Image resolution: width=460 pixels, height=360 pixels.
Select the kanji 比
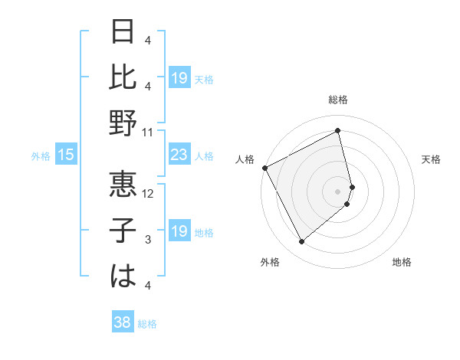[123, 77]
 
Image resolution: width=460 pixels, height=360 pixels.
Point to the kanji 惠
[123, 182]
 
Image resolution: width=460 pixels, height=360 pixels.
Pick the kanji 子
[123, 231]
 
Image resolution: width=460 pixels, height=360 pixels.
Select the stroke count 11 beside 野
[148, 132]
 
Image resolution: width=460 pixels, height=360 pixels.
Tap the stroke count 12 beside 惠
[148, 193]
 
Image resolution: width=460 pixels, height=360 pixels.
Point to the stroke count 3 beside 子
[148, 240]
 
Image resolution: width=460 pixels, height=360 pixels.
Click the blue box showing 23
[179, 155]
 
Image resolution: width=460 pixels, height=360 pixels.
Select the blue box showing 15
[66, 155]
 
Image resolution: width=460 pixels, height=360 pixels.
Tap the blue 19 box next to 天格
[179, 78]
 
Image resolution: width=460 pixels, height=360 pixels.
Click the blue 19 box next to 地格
[179, 232]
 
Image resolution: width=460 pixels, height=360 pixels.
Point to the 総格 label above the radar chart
[338, 100]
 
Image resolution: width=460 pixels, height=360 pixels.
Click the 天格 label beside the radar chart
[432, 159]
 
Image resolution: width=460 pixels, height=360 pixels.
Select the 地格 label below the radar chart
[402, 262]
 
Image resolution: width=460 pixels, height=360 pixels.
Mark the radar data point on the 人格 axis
[264, 168]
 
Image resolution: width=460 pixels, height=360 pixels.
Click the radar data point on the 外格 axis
[301, 242]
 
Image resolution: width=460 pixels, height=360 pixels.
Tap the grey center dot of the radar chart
[338, 191]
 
